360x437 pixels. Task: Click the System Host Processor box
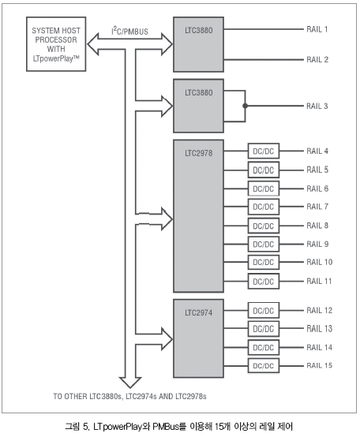click(x=56, y=44)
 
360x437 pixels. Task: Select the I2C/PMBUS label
click(x=129, y=31)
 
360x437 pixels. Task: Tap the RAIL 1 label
click(x=317, y=29)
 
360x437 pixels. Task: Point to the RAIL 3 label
click(x=317, y=106)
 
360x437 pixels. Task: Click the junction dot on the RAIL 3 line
click(x=245, y=106)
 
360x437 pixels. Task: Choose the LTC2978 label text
click(x=198, y=153)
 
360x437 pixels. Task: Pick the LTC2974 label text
click(x=198, y=312)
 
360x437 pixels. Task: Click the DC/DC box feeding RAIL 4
click(x=264, y=151)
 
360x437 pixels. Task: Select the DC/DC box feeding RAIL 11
click(x=264, y=281)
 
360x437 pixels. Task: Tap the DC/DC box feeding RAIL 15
click(x=264, y=366)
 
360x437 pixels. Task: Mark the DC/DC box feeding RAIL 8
click(x=264, y=226)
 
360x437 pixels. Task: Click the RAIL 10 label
click(x=319, y=262)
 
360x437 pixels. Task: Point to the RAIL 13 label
click(x=319, y=329)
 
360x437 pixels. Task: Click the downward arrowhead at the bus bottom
click(x=130, y=383)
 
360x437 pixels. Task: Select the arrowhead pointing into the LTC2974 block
click(x=167, y=339)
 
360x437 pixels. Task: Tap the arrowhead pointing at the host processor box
click(x=93, y=44)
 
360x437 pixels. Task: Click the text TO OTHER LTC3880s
click(x=88, y=396)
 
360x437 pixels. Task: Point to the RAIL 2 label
click(x=317, y=60)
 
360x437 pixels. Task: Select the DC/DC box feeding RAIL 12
click(x=264, y=311)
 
